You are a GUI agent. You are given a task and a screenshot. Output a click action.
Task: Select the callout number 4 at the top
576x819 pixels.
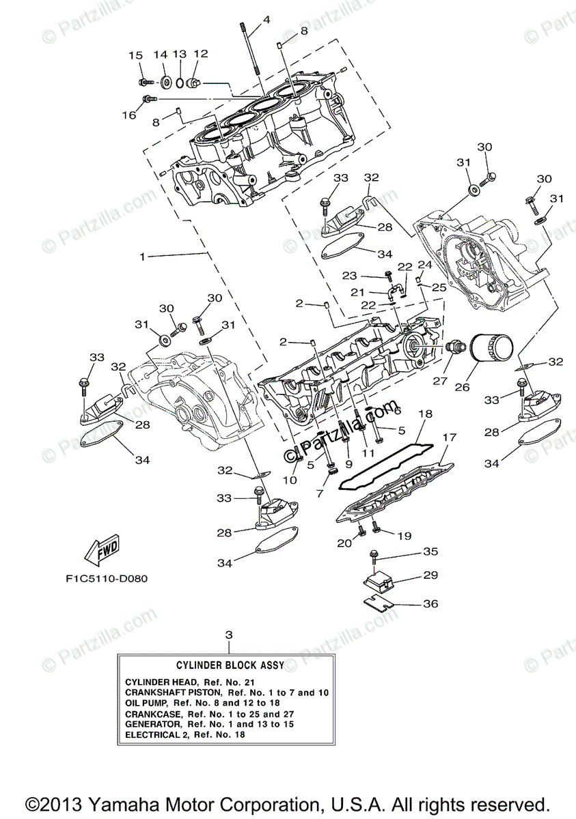click(266, 20)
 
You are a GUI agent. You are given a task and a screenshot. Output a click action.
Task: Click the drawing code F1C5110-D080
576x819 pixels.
click(107, 578)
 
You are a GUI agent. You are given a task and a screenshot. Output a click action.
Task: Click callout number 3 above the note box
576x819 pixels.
click(229, 635)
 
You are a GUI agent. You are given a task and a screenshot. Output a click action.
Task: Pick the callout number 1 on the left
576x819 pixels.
click(142, 257)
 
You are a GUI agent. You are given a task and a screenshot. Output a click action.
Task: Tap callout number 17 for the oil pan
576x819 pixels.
click(449, 437)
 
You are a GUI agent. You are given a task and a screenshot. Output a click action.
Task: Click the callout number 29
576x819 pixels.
click(429, 576)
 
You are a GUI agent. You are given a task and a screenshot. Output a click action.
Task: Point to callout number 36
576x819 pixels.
click(430, 604)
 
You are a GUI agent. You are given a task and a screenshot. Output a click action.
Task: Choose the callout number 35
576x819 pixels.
click(429, 551)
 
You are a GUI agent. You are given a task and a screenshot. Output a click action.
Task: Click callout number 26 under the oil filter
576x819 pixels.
click(463, 386)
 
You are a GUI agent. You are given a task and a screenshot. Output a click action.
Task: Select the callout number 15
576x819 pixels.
click(135, 55)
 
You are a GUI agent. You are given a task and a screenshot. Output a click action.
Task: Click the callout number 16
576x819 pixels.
click(129, 115)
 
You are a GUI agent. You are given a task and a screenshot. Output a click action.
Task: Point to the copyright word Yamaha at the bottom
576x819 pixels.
click(120, 803)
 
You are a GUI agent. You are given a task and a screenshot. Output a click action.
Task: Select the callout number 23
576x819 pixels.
click(350, 276)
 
